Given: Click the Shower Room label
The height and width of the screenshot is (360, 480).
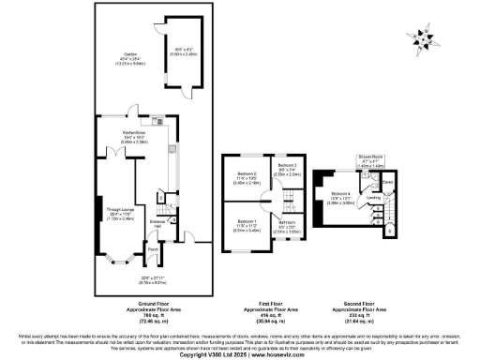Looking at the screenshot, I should (370, 157).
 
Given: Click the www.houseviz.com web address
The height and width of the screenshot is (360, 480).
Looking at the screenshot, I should (271, 354).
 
